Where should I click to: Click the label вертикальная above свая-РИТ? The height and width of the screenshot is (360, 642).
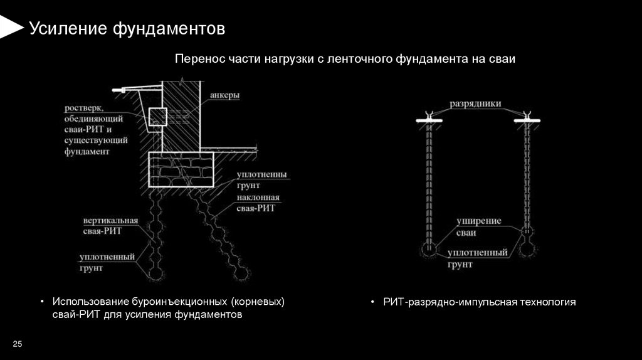[103, 221]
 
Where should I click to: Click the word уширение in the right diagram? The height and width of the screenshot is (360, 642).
[474, 221]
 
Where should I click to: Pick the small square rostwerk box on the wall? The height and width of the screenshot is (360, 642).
[157, 116]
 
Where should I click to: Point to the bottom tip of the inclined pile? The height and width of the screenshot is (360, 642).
[239, 274]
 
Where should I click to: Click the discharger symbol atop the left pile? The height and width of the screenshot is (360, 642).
[429, 117]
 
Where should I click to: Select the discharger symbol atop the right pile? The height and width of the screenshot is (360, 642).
[526, 117]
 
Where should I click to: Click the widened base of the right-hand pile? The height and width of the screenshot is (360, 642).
[527, 248]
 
